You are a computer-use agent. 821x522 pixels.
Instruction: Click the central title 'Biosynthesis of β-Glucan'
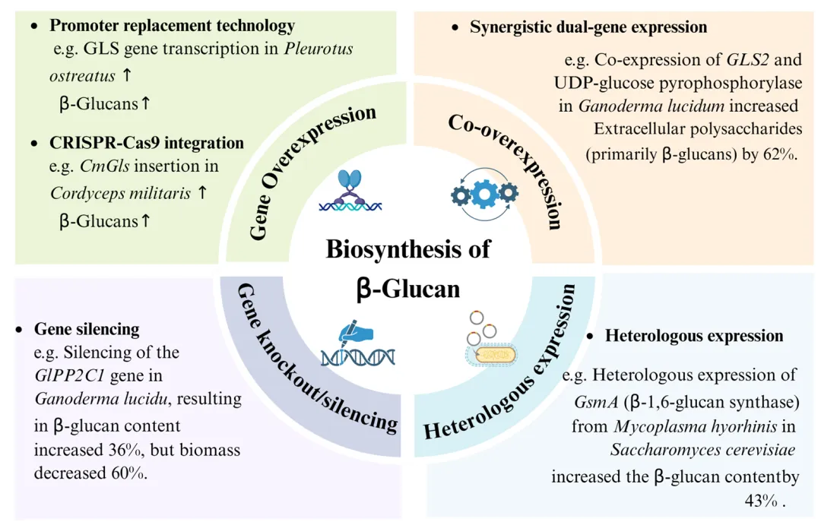click(x=408, y=268)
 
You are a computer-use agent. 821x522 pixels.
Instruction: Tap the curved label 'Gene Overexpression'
click(x=312, y=172)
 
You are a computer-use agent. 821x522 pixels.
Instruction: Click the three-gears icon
click(x=484, y=195)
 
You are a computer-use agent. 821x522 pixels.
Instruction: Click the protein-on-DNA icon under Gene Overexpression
click(x=350, y=191)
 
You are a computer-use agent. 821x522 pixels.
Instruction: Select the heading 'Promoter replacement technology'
click(x=172, y=26)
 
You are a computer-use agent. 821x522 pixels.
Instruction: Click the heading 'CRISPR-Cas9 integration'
click(x=147, y=143)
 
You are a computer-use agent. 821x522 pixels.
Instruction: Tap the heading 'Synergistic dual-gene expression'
click(x=588, y=27)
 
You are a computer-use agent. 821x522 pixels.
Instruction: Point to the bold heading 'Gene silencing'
click(x=87, y=330)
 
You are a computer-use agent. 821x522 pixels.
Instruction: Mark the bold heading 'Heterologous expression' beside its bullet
click(x=694, y=336)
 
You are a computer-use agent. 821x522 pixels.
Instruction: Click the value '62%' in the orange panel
click(x=777, y=154)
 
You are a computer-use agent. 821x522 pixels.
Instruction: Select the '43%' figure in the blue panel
click(x=762, y=501)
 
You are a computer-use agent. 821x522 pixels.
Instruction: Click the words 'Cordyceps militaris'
click(x=120, y=193)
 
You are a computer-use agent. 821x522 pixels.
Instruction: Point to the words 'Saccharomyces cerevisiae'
click(x=703, y=450)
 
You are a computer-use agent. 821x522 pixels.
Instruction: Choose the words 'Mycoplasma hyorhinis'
click(x=692, y=426)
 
